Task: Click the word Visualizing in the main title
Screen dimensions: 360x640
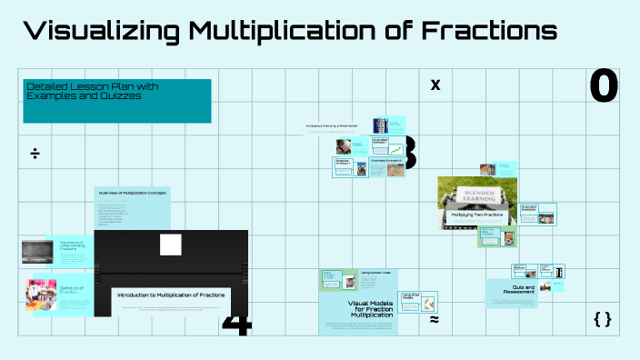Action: click(x=100, y=32)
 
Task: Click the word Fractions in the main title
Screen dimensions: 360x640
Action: click(x=491, y=32)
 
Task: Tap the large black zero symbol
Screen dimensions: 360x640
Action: click(x=604, y=86)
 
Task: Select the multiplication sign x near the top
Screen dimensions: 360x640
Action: click(x=435, y=85)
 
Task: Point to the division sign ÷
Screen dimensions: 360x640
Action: click(x=35, y=153)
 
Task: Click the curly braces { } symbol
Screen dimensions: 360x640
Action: click(x=602, y=319)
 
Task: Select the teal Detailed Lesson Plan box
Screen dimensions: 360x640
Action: click(x=117, y=100)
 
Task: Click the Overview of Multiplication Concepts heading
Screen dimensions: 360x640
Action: click(x=133, y=194)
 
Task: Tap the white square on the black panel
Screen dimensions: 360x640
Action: click(x=171, y=245)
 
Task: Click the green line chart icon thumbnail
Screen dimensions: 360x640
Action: click(x=395, y=148)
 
